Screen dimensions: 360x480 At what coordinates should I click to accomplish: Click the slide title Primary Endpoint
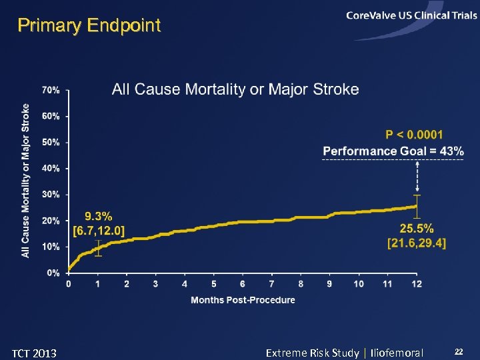(x=89, y=26)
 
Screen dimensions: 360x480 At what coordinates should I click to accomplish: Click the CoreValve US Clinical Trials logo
(x=411, y=16)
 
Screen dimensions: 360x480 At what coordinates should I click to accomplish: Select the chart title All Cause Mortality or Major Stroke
(x=235, y=89)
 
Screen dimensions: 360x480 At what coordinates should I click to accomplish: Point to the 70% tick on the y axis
(x=51, y=90)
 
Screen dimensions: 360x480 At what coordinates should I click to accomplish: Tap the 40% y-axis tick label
(x=51, y=169)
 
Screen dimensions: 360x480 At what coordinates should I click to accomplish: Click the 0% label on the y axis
(x=53, y=273)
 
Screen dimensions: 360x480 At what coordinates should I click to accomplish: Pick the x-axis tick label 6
(x=243, y=285)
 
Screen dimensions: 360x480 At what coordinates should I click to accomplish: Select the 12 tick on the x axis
(x=417, y=285)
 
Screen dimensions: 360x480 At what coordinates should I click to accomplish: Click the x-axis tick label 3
(x=155, y=285)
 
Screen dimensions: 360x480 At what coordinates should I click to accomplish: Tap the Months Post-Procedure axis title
(x=243, y=300)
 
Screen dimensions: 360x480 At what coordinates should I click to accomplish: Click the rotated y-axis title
(x=25, y=180)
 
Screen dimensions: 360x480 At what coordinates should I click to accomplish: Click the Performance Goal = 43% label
(x=393, y=151)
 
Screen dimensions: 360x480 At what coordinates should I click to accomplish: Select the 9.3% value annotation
(x=99, y=217)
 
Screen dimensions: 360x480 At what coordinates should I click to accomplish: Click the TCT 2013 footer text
(x=35, y=353)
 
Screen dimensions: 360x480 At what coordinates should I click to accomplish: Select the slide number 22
(x=458, y=351)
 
